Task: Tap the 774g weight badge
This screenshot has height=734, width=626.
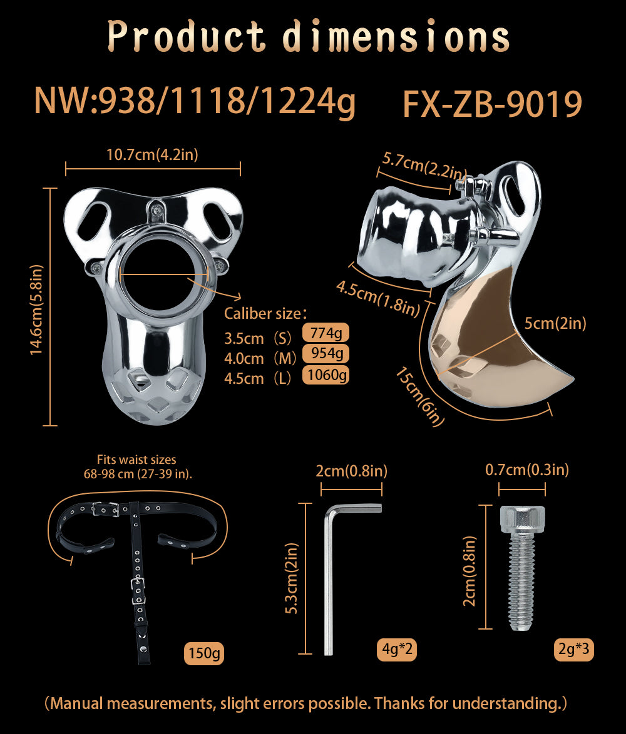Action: (326, 333)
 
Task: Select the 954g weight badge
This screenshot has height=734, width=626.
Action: (326, 354)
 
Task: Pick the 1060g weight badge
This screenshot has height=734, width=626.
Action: (326, 375)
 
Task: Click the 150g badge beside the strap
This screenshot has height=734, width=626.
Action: (204, 653)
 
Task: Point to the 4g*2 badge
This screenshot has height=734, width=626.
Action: (397, 650)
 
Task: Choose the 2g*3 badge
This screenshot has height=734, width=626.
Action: (573, 650)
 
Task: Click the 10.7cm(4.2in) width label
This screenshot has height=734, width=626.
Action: (152, 154)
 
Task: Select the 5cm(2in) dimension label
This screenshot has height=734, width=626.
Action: (555, 323)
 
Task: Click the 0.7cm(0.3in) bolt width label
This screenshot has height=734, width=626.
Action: (527, 470)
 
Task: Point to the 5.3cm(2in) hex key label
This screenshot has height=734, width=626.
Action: (292, 578)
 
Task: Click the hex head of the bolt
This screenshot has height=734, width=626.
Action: (522, 518)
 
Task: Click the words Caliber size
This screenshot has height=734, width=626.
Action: (265, 313)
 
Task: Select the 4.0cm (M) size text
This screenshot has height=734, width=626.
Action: (260, 359)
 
